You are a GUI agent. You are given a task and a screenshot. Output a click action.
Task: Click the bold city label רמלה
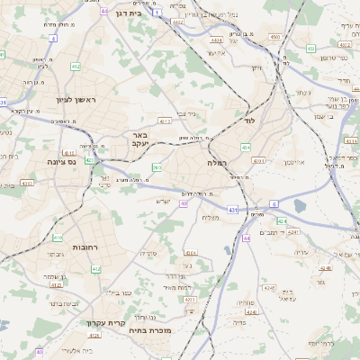click(x=219, y=163)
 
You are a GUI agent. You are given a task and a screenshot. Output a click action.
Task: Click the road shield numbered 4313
click(x=165, y=120)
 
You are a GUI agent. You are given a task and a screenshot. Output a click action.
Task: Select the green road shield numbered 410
click(x=58, y=238)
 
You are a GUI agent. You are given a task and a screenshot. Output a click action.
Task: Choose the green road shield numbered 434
click(x=246, y=146)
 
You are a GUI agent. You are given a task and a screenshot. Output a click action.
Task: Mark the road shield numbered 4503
click(x=274, y=37)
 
